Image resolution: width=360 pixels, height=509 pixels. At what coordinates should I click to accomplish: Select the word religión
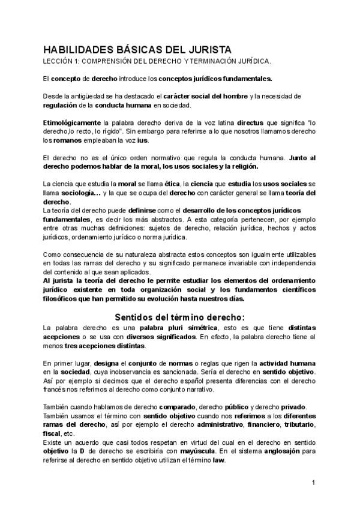coord(242,166)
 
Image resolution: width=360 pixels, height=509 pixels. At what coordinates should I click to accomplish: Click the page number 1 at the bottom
coord(313,483)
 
